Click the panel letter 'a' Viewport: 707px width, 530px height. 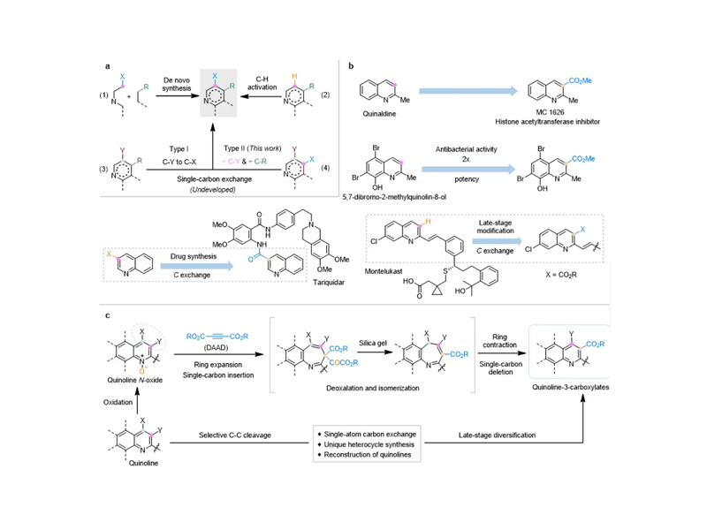108,65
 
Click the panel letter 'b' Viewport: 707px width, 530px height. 352,65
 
